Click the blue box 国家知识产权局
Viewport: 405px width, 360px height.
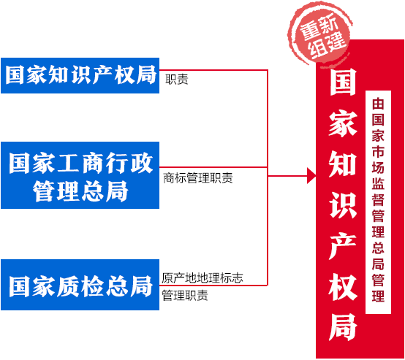80,75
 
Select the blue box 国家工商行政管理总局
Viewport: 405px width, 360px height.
80,175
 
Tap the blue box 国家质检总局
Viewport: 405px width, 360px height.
80,285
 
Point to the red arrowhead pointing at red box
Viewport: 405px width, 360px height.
311,176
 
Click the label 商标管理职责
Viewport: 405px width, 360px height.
198,177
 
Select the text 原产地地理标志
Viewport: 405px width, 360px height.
202,278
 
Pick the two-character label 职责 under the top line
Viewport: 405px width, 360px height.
177,79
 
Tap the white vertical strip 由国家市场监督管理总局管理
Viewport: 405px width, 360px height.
378,202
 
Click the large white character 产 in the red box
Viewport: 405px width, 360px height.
343,245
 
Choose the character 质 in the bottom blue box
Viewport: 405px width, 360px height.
68,286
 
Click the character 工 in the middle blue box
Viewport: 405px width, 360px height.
68,163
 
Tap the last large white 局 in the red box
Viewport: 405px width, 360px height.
343,327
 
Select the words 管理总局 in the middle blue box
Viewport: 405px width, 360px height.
80,191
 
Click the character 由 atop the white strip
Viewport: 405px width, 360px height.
378,104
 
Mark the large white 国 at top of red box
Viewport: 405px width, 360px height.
343,82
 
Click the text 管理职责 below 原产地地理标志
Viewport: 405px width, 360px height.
185,295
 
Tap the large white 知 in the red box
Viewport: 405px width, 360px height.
343,164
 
